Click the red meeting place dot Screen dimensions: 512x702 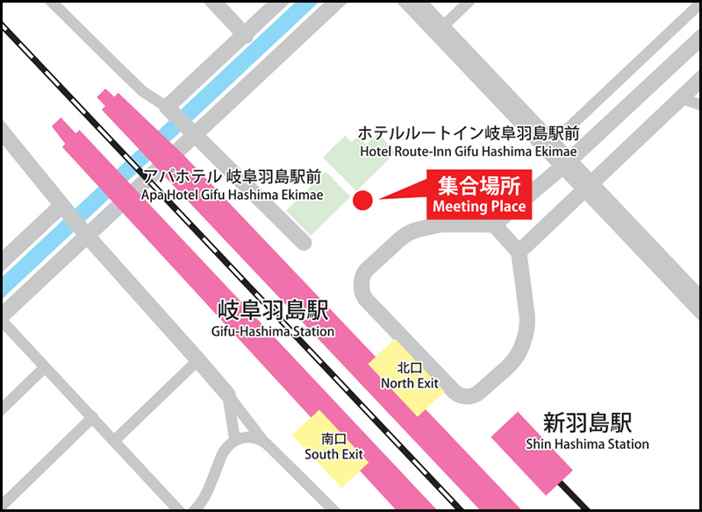point(362,202)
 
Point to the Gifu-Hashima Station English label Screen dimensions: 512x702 point(273,332)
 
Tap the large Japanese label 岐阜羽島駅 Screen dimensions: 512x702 point(273,311)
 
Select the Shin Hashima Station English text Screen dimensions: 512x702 point(587,444)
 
